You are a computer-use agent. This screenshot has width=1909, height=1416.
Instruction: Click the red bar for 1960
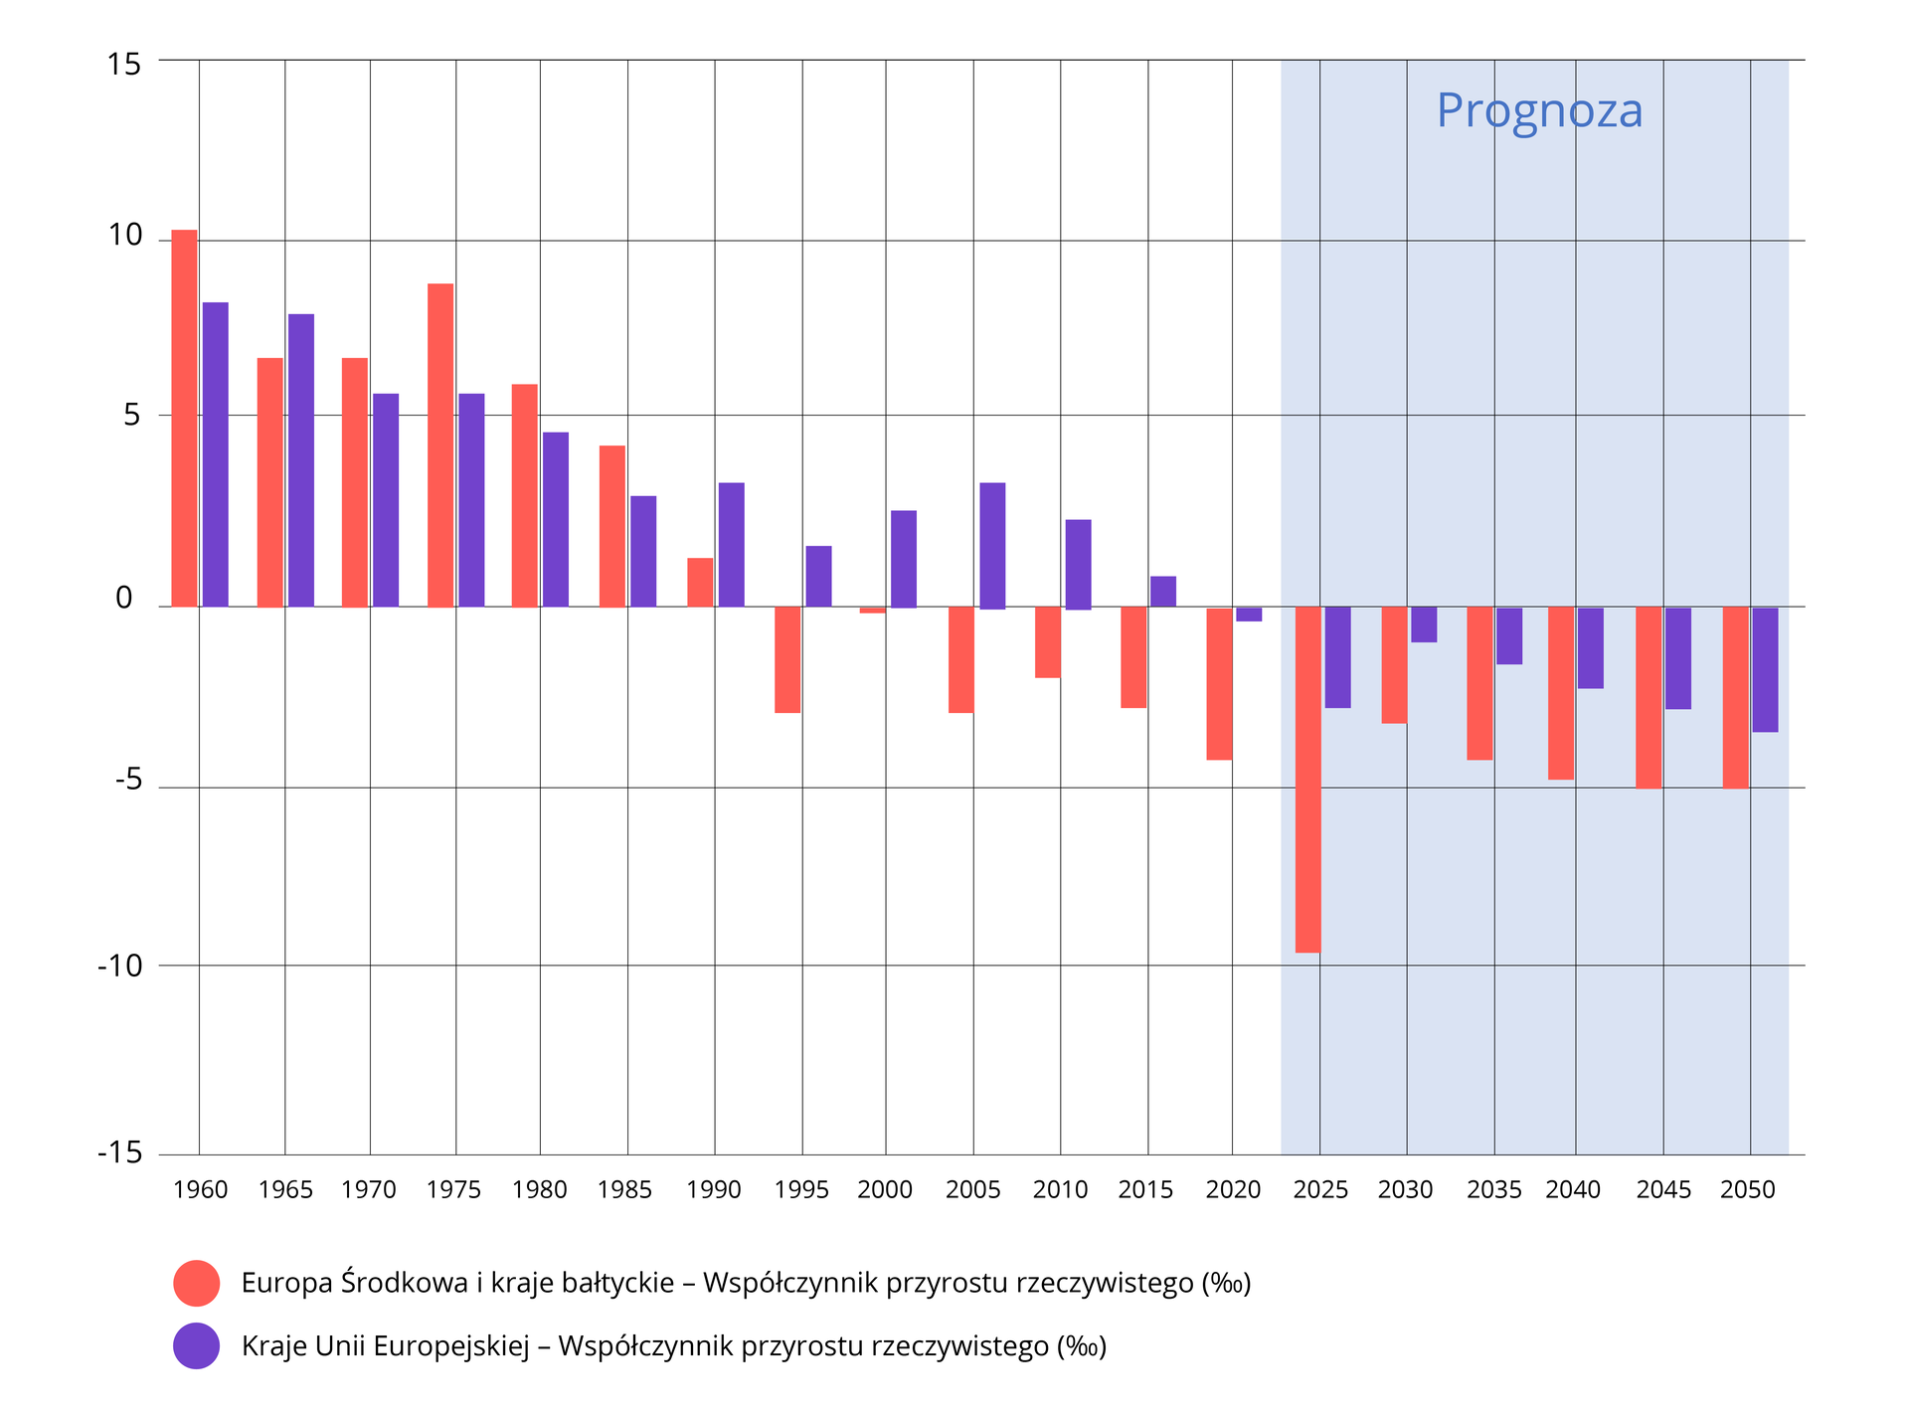184,418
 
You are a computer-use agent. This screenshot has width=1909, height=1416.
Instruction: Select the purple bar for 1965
301,459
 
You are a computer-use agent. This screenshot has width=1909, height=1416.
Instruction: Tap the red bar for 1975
440,444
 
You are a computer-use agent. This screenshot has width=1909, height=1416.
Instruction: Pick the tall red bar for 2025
1307,779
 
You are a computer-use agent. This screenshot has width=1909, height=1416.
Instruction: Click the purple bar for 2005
992,545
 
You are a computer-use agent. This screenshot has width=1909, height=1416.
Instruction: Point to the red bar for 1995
787,659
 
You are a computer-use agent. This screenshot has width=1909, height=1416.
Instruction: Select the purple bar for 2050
1765,669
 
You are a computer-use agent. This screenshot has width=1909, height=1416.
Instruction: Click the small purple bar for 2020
1249,615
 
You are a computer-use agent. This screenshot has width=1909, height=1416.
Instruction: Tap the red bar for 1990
700,583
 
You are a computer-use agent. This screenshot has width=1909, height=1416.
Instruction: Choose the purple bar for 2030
1424,624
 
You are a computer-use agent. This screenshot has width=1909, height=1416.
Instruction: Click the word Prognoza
1539,110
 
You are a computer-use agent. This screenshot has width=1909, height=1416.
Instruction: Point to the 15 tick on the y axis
124,65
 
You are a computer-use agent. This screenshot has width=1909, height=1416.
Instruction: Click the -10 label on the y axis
120,966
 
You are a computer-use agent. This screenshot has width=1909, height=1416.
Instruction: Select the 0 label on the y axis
124,599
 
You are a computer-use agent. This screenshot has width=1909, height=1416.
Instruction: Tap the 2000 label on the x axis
885,1189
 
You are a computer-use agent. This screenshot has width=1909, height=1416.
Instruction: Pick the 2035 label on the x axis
1493,1189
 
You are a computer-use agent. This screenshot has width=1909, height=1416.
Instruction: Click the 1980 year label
539,1189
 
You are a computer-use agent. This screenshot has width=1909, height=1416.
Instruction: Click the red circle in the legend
196,1283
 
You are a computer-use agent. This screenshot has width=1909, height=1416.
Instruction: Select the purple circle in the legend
196,1345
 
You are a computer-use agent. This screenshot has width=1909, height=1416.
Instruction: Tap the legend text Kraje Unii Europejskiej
386,1346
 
